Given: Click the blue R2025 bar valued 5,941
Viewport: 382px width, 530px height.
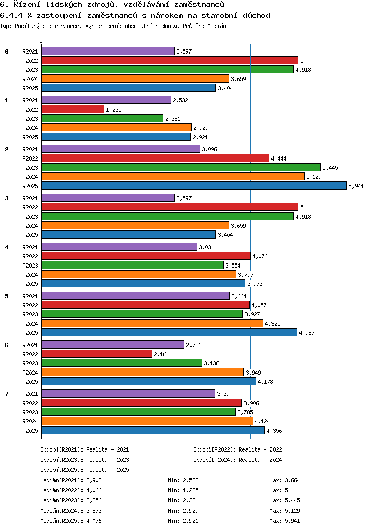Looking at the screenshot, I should click(x=194, y=185).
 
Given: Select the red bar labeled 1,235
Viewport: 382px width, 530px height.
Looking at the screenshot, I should click(x=72, y=109).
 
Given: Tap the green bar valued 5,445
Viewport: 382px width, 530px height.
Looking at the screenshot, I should click(x=181, y=167).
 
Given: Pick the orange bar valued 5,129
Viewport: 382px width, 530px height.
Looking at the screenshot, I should click(x=173, y=176).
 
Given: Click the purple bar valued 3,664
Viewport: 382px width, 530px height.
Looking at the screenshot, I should click(x=135, y=296).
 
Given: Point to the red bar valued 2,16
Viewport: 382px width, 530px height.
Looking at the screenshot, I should click(x=96, y=354).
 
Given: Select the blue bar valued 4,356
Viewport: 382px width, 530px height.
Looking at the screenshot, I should click(x=153, y=430).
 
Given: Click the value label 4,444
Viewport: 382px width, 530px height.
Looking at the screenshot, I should click(x=279, y=158).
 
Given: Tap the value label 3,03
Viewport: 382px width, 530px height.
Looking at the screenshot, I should click(x=205, y=247).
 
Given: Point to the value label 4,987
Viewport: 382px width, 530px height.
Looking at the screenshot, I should click(x=307, y=333).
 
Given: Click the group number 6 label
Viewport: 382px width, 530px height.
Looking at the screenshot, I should click(x=7, y=345).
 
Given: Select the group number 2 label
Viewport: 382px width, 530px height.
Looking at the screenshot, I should click(x=7, y=149).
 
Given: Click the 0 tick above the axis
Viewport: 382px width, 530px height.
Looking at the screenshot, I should click(x=41, y=41).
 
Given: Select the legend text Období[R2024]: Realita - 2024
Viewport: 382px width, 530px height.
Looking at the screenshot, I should click(x=237, y=460).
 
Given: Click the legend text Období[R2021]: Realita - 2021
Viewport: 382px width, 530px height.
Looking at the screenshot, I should click(x=85, y=449).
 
